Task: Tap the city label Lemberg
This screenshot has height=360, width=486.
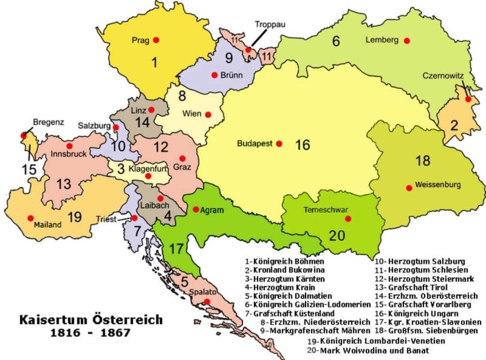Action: [x=382, y=40]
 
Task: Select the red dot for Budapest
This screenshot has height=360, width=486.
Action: [x=278, y=144]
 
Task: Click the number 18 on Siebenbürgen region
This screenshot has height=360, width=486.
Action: [x=422, y=161]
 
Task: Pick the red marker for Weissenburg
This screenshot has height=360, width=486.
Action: [x=410, y=188]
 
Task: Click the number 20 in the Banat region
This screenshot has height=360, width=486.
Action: [x=337, y=235]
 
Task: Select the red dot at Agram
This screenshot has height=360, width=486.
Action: [x=195, y=210]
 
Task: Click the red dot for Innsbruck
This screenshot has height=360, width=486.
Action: [x=70, y=146]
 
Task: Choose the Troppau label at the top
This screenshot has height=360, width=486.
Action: [x=268, y=25]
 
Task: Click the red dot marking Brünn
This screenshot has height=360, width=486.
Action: [x=214, y=75]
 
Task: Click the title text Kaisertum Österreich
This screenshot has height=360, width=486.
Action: [x=90, y=320]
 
